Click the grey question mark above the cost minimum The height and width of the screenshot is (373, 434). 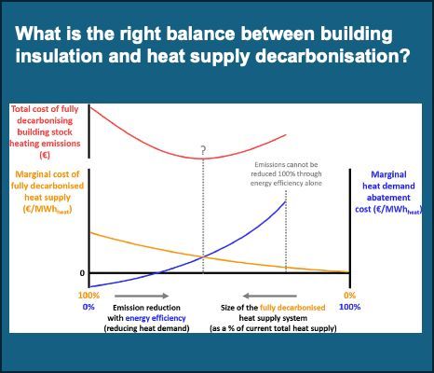click(x=203, y=150)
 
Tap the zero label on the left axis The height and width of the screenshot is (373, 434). click(x=82, y=273)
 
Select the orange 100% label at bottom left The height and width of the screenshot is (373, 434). click(x=88, y=296)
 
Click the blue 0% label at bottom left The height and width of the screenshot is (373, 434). click(x=88, y=307)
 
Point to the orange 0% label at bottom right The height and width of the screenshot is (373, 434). click(x=349, y=296)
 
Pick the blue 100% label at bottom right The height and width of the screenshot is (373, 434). click(x=350, y=307)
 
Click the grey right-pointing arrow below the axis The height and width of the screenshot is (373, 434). click(x=142, y=296)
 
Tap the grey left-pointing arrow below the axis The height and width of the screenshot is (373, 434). click(x=270, y=296)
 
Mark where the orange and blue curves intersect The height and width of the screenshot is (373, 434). click(x=203, y=256)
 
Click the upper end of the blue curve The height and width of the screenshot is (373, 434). click(x=285, y=201)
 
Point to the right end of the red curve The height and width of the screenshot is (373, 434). click(x=286, y=134)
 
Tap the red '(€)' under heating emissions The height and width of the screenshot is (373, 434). click(x=45, y=155)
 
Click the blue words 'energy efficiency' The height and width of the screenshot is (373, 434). click(x=156, y=318)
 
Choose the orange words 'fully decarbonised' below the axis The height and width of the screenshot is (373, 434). click(x=292, y=308)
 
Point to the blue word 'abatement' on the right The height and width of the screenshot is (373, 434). click(x=388, y=198)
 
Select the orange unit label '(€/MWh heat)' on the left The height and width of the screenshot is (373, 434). click(x=47, y=210)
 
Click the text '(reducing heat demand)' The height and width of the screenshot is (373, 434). click(x=146, y=328)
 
